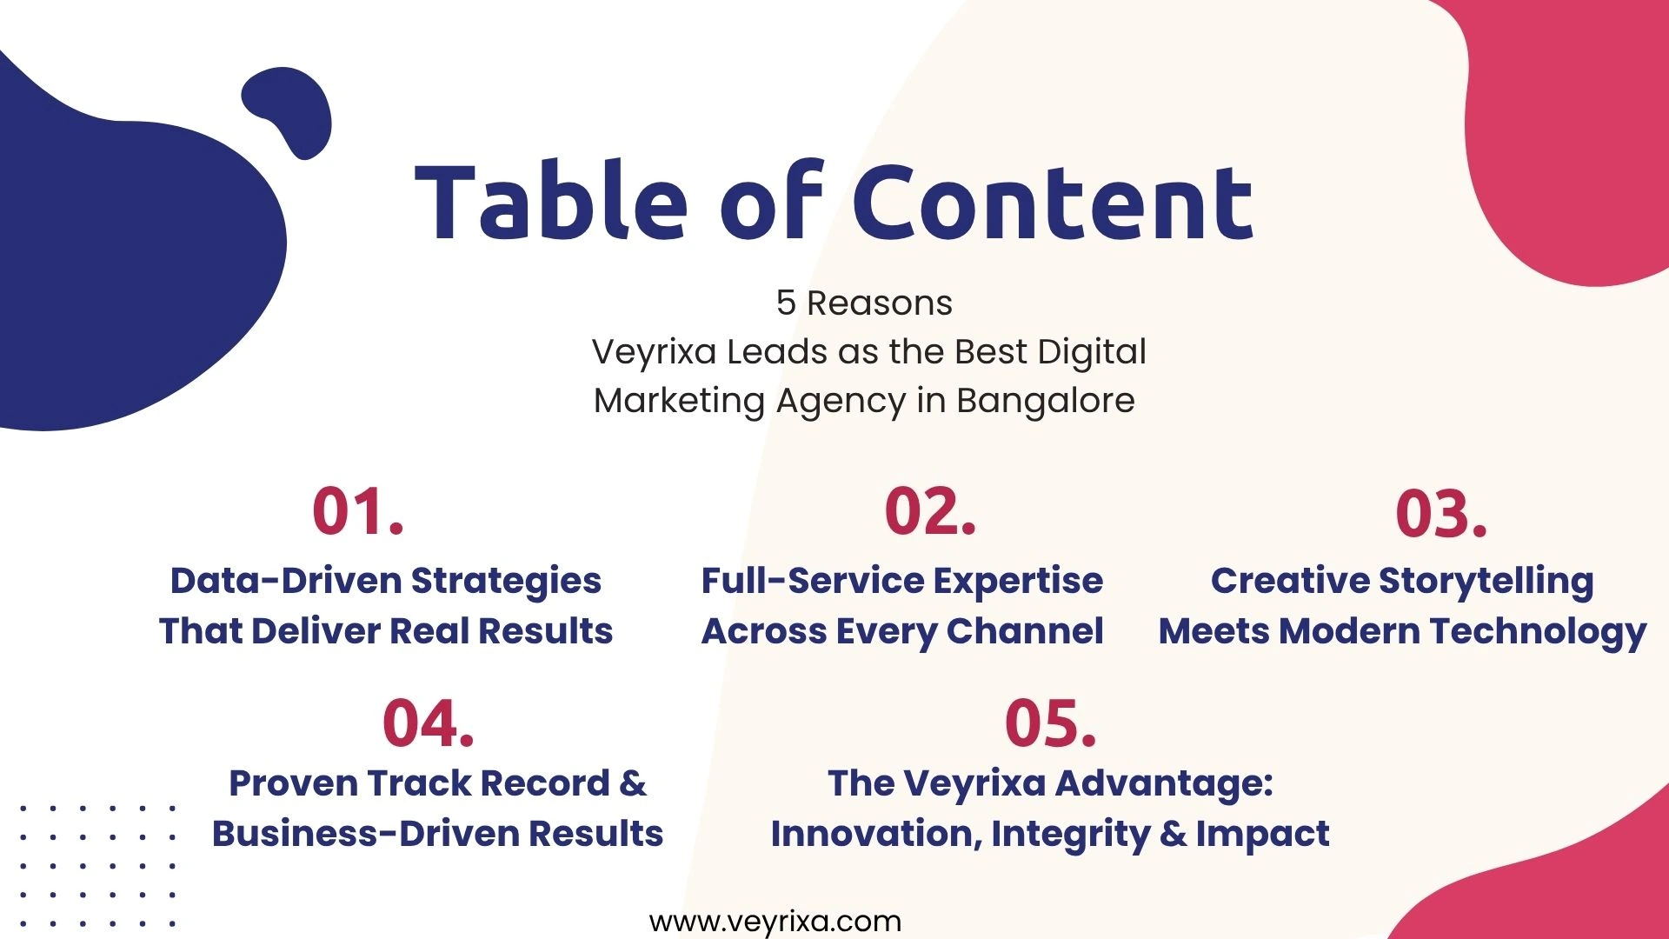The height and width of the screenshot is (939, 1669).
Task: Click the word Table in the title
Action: tap(551, 202)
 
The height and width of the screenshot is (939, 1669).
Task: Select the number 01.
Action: tap(358, 511)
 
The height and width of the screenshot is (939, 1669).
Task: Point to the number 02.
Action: tap(930, 511)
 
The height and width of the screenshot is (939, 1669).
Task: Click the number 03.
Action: tap(1441, 513)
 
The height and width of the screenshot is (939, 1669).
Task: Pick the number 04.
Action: tap(429, 723)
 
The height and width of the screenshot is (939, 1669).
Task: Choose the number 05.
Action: tap(1050, 723)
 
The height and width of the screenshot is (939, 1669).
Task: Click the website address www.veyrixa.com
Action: tap(775, 922)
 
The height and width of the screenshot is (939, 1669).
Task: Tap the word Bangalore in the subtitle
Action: tap(1046, 401)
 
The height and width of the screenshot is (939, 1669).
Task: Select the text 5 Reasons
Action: tap(864, 303)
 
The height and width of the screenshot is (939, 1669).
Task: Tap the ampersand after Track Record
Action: tap(633, 784)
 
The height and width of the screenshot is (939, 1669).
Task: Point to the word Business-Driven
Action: tap(365, 834)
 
